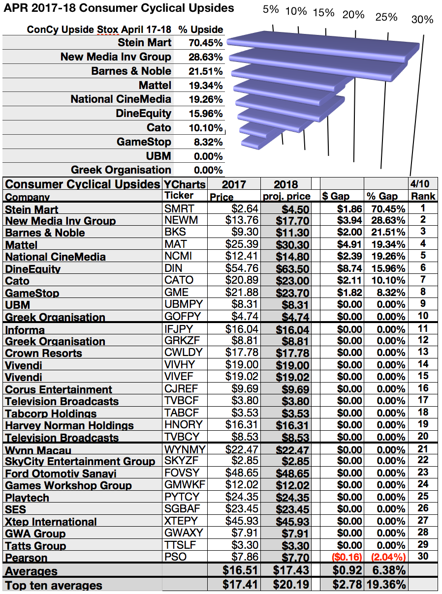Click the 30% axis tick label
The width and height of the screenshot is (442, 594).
click(x=422, y=20)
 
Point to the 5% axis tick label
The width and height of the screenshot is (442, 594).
click(x=270, y=9)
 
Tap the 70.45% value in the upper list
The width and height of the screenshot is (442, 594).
click(x=205, y=43)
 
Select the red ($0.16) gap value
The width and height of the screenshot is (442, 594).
click(x=347, y=557)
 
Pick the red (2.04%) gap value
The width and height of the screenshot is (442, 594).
click(x=388, y=557)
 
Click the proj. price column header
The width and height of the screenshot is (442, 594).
click(x=286, y=196)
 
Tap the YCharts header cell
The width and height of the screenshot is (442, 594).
click(x=185, y=184)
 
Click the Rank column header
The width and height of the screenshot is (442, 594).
click(x=423, y=196)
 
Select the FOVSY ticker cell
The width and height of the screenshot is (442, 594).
click(x=182, y=473)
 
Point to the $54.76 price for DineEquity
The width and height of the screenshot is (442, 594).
click(x=242, y=268)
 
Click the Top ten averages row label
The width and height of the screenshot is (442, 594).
click(x=54, y=586)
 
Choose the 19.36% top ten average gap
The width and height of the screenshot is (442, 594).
click(x=386, y=584)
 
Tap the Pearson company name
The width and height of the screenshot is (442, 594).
click(x=26, y=558)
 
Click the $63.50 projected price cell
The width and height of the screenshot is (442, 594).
click(x=292, y=269)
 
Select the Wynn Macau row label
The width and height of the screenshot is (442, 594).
click(x=38, y=450)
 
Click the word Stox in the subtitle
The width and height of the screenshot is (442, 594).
click(x=107, y=30)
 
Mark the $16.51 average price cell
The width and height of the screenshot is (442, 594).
click(x=240, y=570)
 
